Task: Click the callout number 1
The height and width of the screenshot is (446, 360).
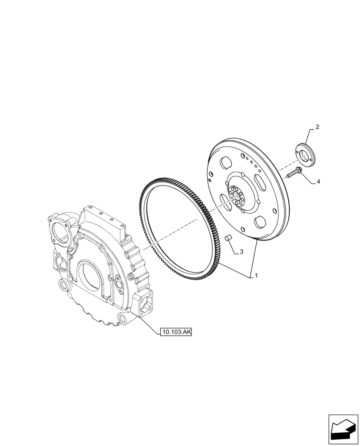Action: (257, 276)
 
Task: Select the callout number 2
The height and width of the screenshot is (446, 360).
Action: (317, 127)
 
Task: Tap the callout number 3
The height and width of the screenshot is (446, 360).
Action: (241, 252)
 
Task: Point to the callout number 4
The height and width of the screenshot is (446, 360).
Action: (318, 182)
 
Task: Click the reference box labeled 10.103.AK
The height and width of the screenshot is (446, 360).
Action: (176, 332)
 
